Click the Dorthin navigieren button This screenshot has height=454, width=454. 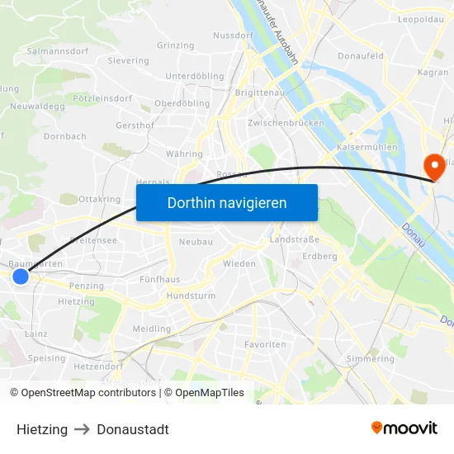(227, 202)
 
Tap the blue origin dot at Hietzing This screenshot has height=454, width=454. (21, 277)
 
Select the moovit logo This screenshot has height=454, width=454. (404, 428)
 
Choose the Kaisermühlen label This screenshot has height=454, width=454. (367, 147)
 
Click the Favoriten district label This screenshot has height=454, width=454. (265, 343)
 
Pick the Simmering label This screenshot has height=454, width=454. (371, 359)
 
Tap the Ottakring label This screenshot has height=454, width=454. (99, 199)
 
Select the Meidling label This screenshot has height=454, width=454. (152, 329)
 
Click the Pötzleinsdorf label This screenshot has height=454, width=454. (102, 98)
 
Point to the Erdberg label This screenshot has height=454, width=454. (319, 256)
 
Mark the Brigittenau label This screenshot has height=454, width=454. (260, 93)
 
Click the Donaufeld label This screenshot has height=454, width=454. (361, 56)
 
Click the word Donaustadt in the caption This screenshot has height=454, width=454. (133, 429)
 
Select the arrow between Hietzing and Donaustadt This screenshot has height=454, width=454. (83, 429)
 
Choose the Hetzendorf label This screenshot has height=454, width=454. (97, 365)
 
